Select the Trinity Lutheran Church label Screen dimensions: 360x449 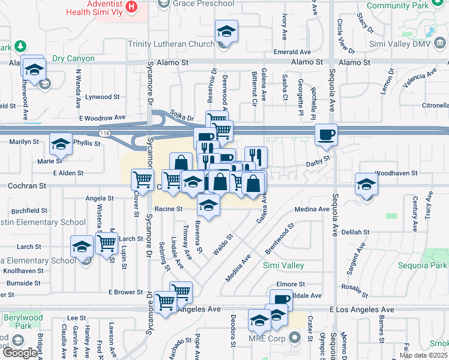[171, 44]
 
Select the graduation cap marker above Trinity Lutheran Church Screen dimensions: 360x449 [227, 31]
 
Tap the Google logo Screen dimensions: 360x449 [20, 352]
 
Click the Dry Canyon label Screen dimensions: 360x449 [73, 59]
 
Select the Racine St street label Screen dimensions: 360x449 [168, 209]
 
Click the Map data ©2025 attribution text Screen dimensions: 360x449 [423, 355]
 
